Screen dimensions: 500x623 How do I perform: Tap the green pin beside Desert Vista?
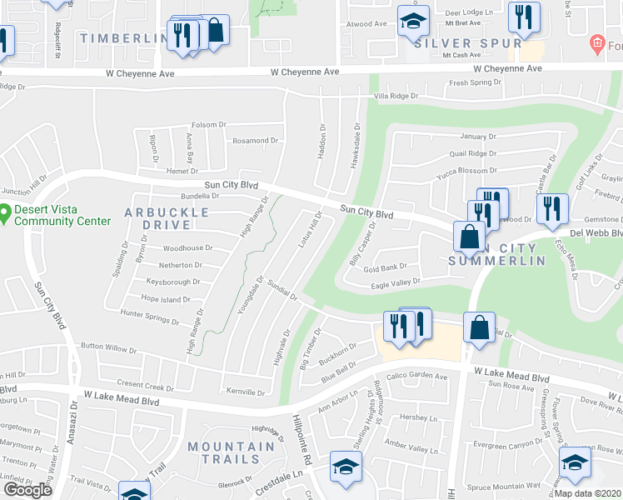pyautogui.click(x=5, y=214)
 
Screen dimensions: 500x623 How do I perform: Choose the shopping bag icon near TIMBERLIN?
pyautogui.click(x=215, y=32)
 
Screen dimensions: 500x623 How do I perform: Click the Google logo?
pyautogui.click(x=27, y=489)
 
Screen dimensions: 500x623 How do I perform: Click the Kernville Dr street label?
pyautogui.click(x=245, y=392)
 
